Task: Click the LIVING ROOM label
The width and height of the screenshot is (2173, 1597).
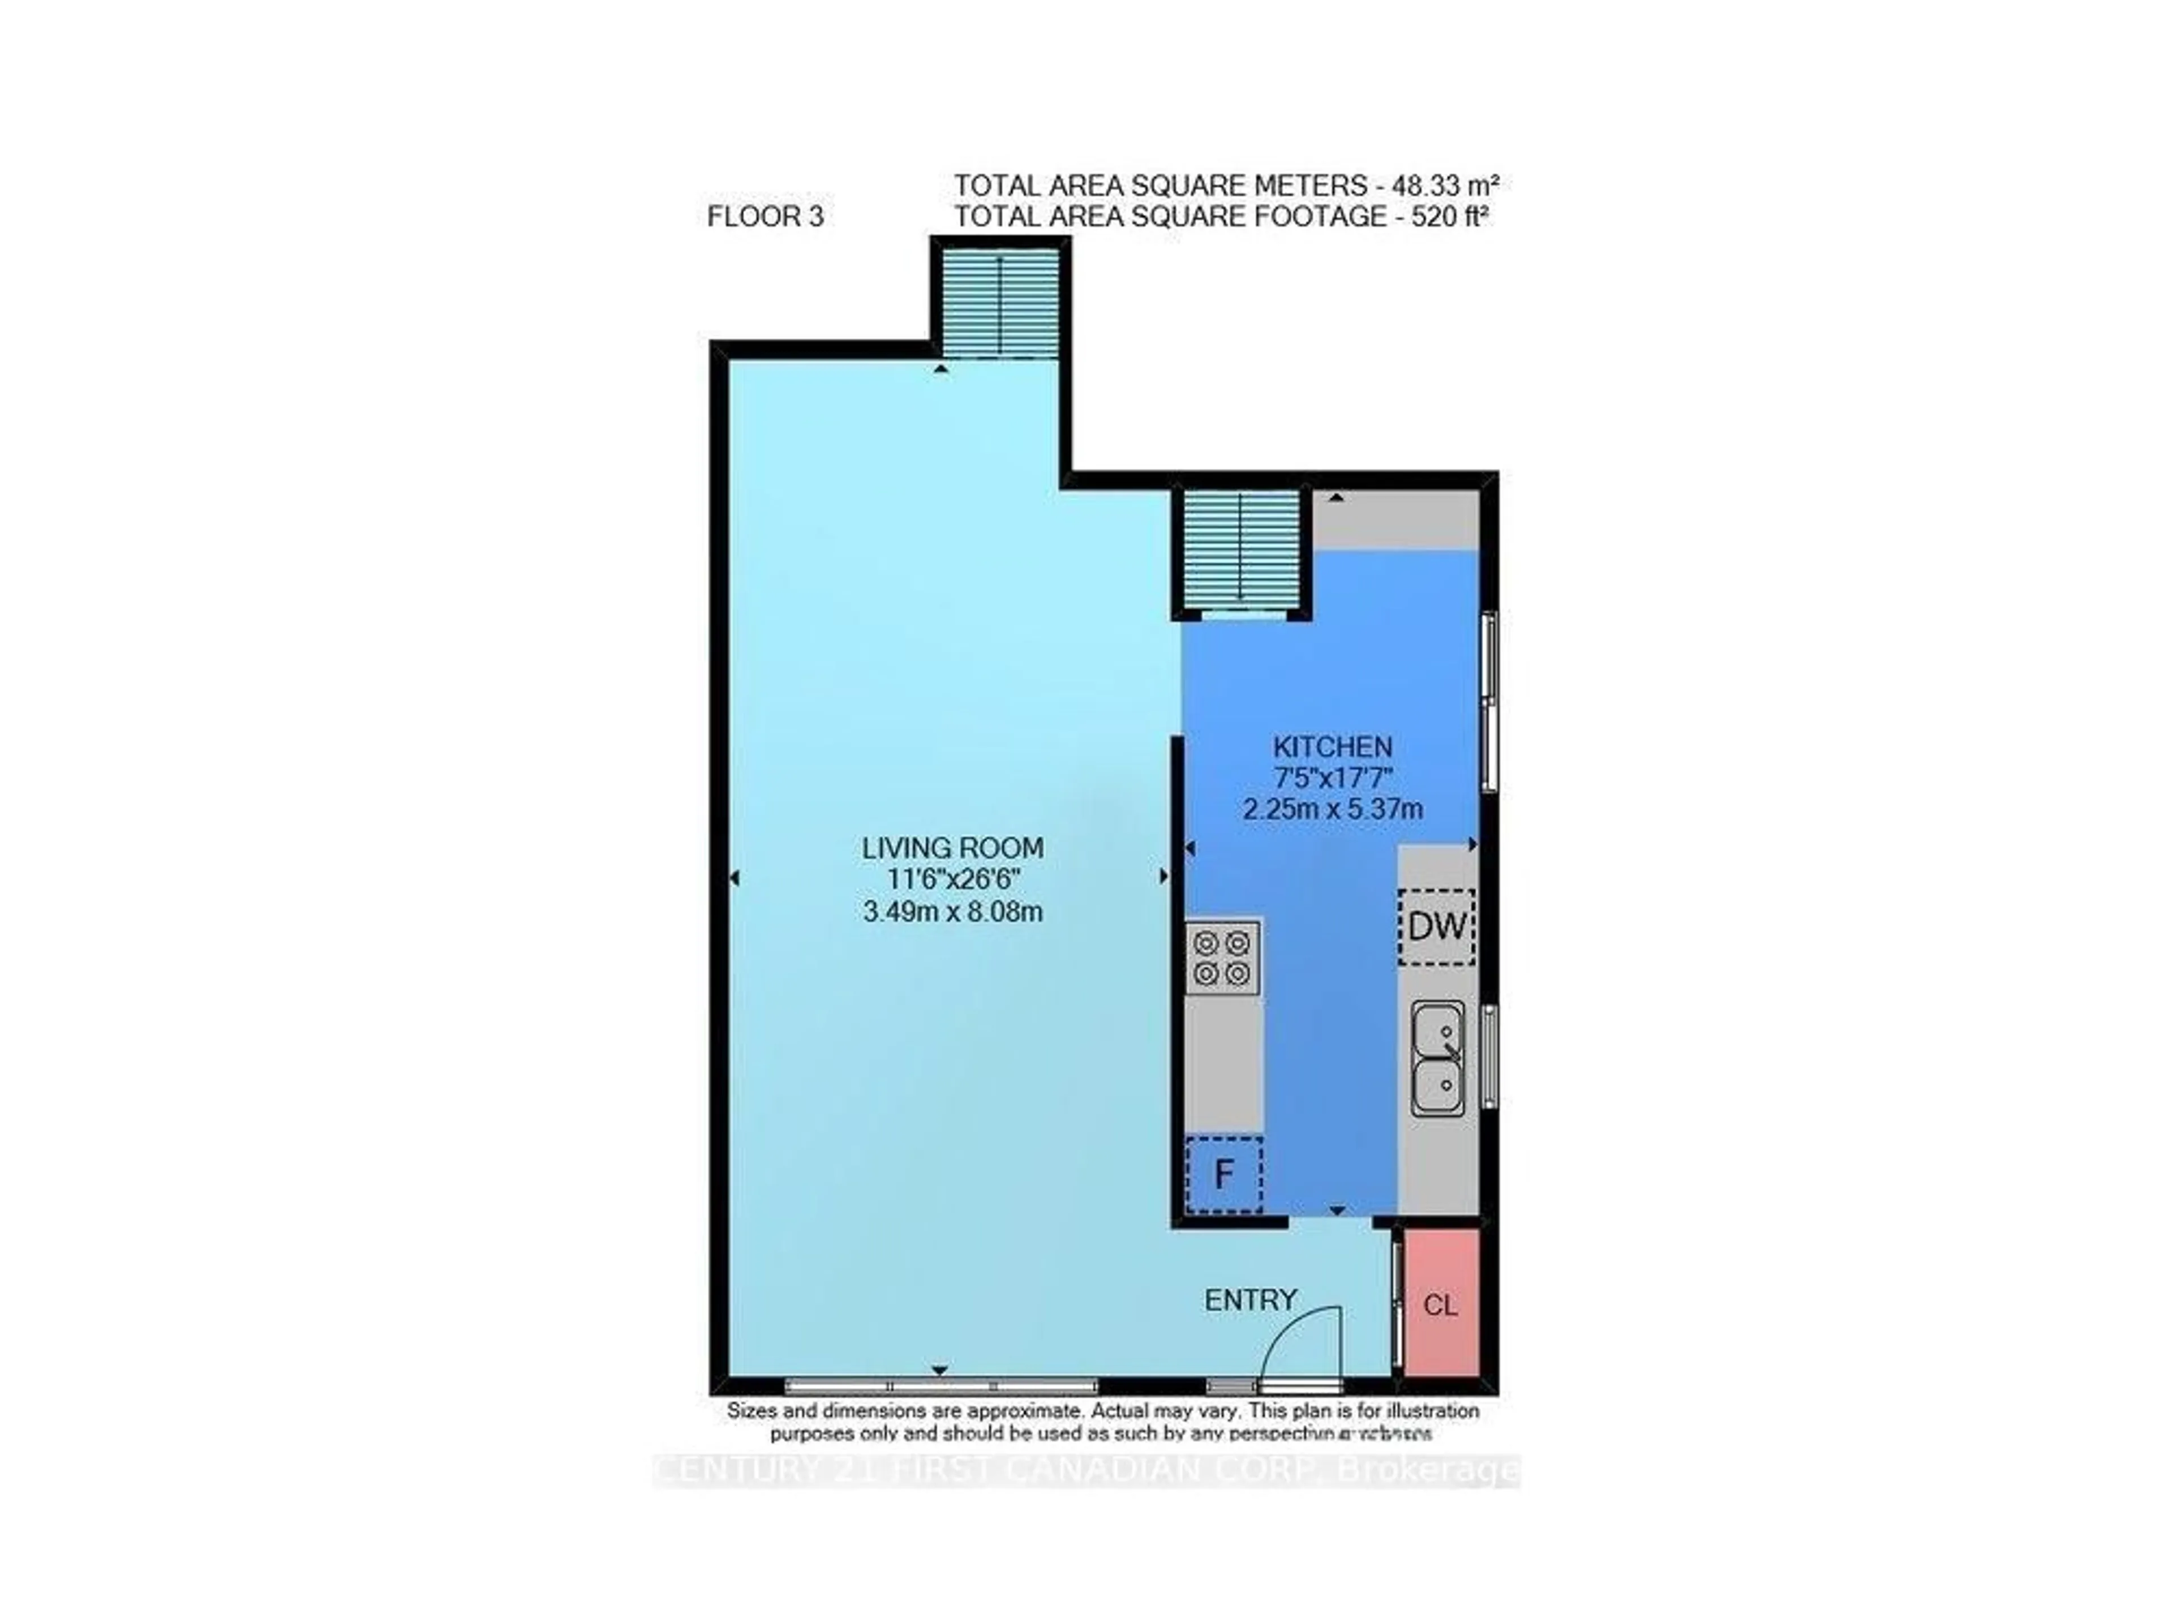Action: click(952, 848)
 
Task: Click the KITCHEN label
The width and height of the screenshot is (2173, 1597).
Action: click(1332, 746)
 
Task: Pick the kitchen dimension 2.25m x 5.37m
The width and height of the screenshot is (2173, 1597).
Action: click(1332, 808)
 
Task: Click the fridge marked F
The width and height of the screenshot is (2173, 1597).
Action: click(1224, 1175)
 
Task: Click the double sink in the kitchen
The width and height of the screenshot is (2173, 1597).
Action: click(1437, 1059)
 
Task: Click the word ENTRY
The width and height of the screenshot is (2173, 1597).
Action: click(1250, 1300)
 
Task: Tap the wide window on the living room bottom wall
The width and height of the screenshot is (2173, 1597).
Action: click(941, 1385)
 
